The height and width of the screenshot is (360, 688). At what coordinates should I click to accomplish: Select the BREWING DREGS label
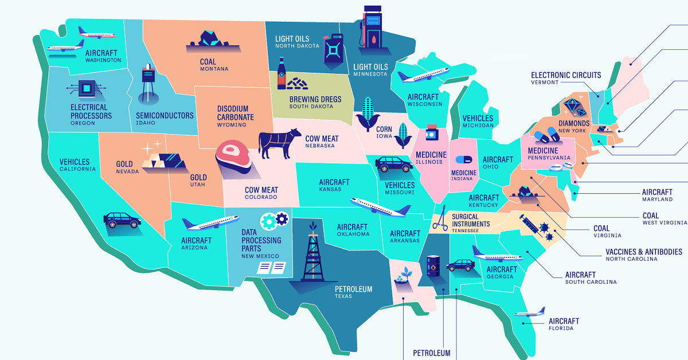(314, 99)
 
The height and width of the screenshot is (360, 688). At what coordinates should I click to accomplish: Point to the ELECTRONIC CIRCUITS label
(565, 75)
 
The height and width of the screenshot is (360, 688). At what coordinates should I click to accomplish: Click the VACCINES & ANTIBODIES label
(643, 252)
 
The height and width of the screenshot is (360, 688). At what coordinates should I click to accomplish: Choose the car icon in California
(122, 220)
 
